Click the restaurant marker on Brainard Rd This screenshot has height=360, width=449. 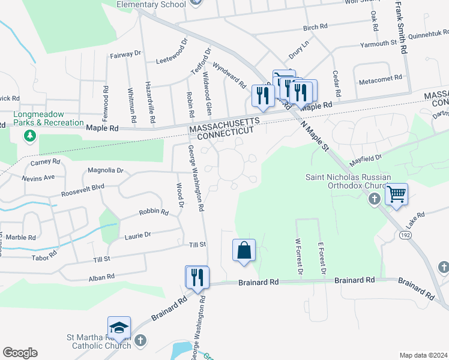[197, 278]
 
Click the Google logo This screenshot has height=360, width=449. [20, 353]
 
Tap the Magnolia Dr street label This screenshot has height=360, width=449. [105, 171]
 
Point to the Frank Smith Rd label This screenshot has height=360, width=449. [400, 28]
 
